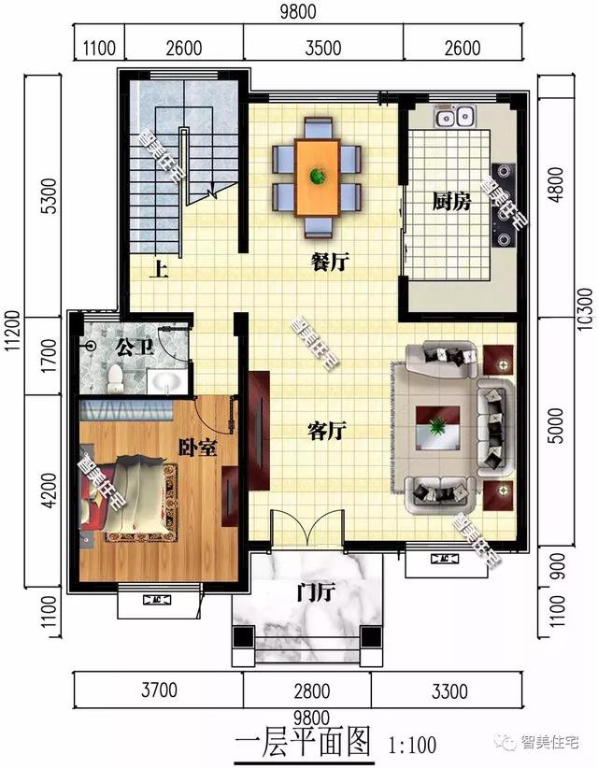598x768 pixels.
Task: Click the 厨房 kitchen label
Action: pyautogui.click(x=451, y=201)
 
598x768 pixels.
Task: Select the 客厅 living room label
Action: pyautogui.click(x=327, y=431)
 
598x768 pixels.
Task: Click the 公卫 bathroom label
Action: pyautogui.click(x=129, y=347)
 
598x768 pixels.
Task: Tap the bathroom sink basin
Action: pyautogui.click(x=167, y=381)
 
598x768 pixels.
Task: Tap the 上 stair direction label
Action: pyautogui.click(x=161, y=272)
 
